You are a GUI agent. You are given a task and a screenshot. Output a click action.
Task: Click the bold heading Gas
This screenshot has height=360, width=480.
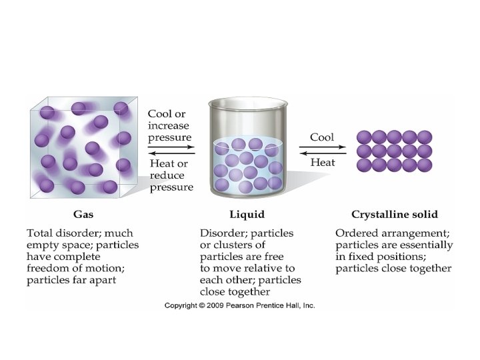(x=83, y=215)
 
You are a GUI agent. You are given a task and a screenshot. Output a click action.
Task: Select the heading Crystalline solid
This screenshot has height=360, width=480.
(x=394, y=215)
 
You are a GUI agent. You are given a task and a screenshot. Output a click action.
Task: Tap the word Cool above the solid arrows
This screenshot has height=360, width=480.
(x=322, y=137)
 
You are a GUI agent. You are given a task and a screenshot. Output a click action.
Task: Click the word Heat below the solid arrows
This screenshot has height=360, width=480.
(x=322, y=163)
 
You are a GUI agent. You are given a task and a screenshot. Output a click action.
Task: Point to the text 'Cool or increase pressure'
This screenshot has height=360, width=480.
(x=169, y=126)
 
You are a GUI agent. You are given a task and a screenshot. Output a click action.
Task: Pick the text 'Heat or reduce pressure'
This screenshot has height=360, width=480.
(x=170, y=175)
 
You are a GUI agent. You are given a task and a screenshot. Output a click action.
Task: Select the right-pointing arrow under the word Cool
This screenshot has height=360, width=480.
(x=323, y=147)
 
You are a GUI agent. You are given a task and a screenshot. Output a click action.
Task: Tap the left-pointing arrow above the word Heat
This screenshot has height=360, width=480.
(x=323, y=153)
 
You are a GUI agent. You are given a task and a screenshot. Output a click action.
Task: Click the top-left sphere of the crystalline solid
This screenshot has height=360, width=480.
(x=364, y=137)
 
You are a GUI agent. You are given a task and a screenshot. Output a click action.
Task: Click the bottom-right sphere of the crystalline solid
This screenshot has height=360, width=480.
(x=425, y=165)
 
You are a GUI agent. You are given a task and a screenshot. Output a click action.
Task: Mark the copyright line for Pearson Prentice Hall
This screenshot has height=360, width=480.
(x=240, y=305)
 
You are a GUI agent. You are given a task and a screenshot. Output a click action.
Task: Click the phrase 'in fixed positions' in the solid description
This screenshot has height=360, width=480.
(x=375, y=257)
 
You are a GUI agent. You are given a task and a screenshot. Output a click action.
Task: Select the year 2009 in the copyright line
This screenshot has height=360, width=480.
(x=215, y=305)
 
